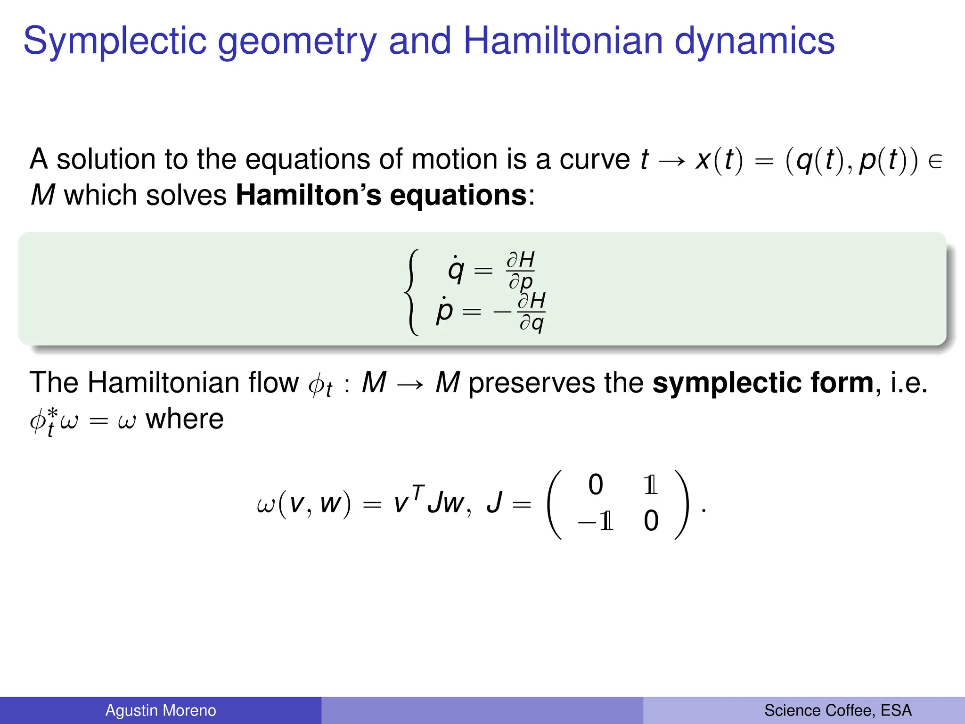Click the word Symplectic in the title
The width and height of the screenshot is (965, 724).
point(114,41)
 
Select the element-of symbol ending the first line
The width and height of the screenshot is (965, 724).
point(935,162)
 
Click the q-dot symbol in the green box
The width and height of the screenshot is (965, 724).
point(456,270)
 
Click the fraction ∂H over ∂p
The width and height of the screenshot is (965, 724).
point(520,271)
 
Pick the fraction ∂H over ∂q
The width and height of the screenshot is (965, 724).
point(532,312)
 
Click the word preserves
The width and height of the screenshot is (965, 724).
point(532,382)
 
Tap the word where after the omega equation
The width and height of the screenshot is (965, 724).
point(185,419)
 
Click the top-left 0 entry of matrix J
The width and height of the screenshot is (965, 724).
point(596,485)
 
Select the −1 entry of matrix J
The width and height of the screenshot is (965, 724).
point(596,521)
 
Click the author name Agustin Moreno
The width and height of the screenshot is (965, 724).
point(161,710)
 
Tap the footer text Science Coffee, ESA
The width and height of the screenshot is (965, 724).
point(838,710)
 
